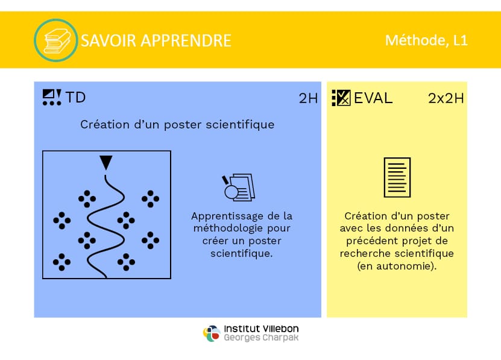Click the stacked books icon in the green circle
57,41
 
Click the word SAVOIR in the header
109,40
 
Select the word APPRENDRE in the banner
186,40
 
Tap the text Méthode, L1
427,40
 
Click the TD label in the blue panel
76,98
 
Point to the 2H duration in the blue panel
308,98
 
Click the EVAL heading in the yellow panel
373,98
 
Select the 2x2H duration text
446,98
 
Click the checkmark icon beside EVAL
341,98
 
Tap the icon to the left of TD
52,97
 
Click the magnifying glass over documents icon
239,188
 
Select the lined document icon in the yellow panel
397,177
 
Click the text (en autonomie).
397,266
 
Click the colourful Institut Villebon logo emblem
212,333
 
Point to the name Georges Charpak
262,338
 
